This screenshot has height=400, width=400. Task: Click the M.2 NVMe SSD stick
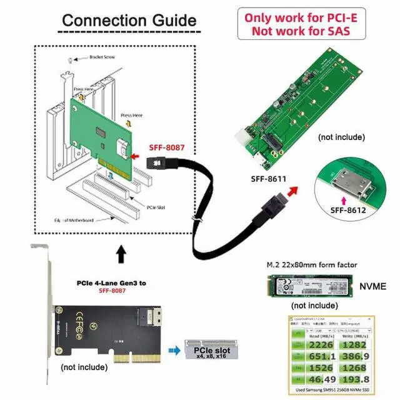point(310,286)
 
